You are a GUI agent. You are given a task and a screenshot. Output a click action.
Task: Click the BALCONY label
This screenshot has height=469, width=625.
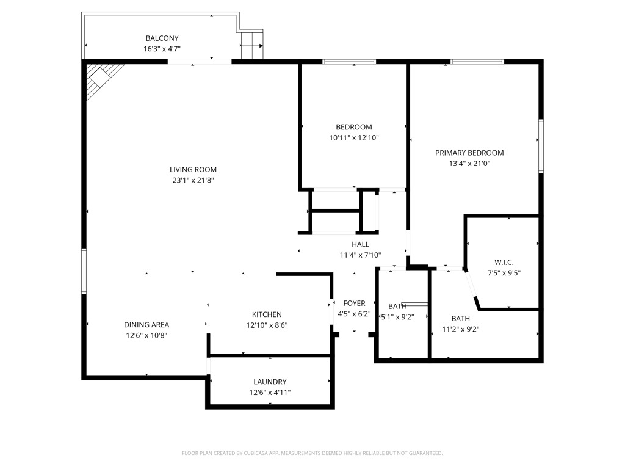pyautogui.click(x=162, y=38)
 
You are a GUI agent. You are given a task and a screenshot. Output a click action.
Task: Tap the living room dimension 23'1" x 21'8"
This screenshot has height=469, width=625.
pyautogui.click(x=193, y=180)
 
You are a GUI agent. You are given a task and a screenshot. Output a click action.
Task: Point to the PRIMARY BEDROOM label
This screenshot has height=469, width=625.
pyautogui.click(x=469, y=153)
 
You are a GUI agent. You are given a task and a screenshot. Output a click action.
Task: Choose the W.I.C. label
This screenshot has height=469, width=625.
pyautogui.click(x=504, y=262)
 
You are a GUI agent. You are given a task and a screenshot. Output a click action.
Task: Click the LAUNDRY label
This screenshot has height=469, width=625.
pyautogui.click(x=269, y=382)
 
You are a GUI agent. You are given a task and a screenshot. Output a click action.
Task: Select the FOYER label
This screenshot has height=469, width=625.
pyautogui.click(x=354, y=303)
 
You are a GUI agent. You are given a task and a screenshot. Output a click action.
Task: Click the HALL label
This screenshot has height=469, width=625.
pyautogui.click(x=360, y=244)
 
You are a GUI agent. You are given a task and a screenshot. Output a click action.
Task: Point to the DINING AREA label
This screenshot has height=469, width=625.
pyautogui.click(x=146, y=325)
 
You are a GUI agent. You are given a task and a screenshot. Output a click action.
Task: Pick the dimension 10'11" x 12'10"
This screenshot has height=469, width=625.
pyautogui.click(x=354, y=138)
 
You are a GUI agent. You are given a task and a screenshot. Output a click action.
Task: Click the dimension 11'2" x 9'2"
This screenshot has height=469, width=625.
pyautogui.click(x=460, y=329)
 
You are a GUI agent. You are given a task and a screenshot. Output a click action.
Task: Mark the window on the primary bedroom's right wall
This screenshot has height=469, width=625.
pyautogui.click(x=541, y=146)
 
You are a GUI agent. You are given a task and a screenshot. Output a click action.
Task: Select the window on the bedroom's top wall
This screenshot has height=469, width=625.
pyautogui.click(x=349, y=62)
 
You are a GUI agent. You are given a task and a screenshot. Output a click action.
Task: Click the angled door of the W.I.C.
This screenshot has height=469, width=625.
pyautogui.click(x=471, y=286)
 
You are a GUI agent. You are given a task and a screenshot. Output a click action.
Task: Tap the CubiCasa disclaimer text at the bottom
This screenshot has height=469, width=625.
pyautogui.click(x=312, y=453)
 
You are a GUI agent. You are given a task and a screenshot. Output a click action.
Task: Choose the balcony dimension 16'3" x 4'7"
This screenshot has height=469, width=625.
pyautogui.click(x=162, y=49)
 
